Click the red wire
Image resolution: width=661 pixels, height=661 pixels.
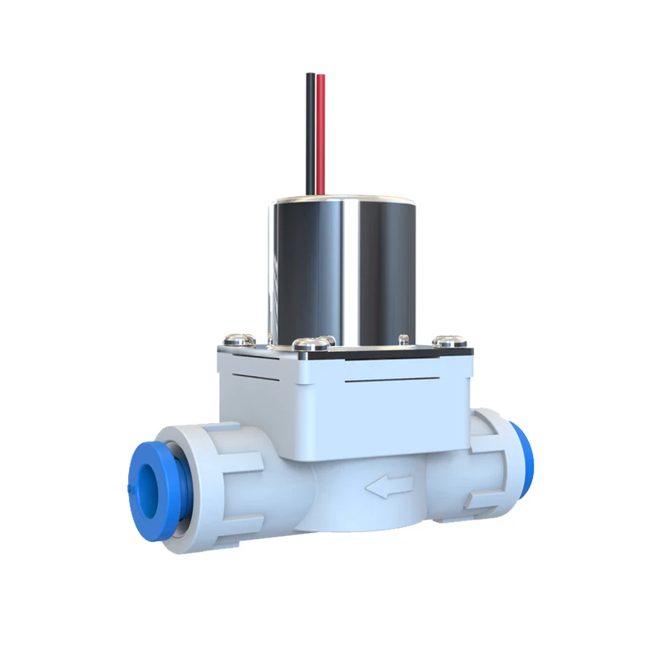pyautogui.click(x=321, y=132)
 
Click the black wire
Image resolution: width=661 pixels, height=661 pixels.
pyautogui.click(x=311, y=132)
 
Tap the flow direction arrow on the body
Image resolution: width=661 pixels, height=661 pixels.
pyautogui.click(x=388, y=488)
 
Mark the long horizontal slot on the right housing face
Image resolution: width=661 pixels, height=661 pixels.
pyautogui.click(x=405, y=383)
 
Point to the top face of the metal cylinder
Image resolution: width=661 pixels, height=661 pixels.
pyautogui.click(x=343, y=200)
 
